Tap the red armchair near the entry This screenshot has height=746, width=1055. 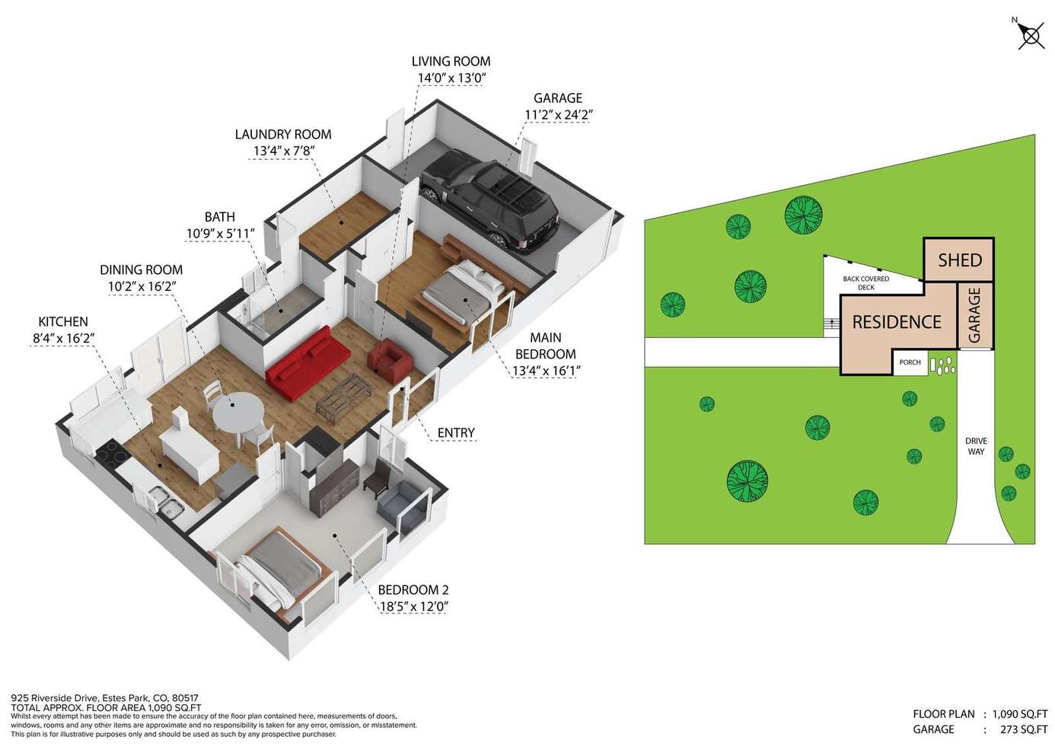(390, 360)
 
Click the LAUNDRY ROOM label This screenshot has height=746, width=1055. (283, 134)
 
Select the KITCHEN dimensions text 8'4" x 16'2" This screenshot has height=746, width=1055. (63, 339)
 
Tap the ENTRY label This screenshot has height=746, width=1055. (455, 432)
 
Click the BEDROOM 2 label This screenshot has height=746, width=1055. (413, 589)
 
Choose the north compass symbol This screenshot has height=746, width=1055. (1031, 36)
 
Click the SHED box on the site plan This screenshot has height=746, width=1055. (959, 260)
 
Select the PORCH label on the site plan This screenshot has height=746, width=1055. (910, 362)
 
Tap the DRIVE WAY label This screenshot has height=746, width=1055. (976, 446)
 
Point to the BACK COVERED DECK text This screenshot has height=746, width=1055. (865, 282)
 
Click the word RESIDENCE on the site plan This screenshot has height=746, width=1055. (897, 322)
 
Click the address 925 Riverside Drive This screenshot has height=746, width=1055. (55, 697)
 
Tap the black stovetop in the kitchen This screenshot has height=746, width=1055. (112, 453)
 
